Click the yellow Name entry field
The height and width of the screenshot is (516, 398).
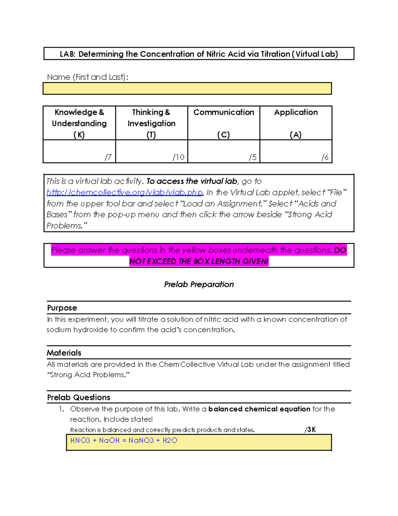click(187, 88)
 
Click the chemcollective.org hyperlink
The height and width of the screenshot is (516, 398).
click(124, 192)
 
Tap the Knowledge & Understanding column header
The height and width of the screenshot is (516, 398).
click(79, 123)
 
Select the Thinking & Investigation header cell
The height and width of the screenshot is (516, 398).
click(151, 123)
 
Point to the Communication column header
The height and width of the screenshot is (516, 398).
click(224, 123)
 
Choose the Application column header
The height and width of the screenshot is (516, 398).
click(296, 123)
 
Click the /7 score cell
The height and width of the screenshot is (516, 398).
click(79, 152)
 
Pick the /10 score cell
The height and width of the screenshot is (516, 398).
click(152, 152)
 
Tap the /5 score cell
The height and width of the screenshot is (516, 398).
click(224, 152)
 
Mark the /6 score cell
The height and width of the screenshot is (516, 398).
click(296, 152)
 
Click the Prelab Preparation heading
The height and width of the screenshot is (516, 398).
click(199, 284)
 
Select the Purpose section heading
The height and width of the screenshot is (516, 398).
click(62, 308)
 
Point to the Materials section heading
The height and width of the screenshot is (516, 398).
click(64, 353)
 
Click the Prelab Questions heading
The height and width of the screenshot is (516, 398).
click(79, 397)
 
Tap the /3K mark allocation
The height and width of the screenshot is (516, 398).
click(310, 430)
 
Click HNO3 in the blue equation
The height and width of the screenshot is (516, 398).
click(80, 441)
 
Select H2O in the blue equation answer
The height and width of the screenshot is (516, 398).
click(170, 441)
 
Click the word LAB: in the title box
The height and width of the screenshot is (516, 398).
click(68, 54)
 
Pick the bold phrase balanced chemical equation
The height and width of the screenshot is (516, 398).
click(259, 409)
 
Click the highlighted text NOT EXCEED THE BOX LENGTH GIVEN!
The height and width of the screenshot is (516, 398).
click(199, 261)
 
